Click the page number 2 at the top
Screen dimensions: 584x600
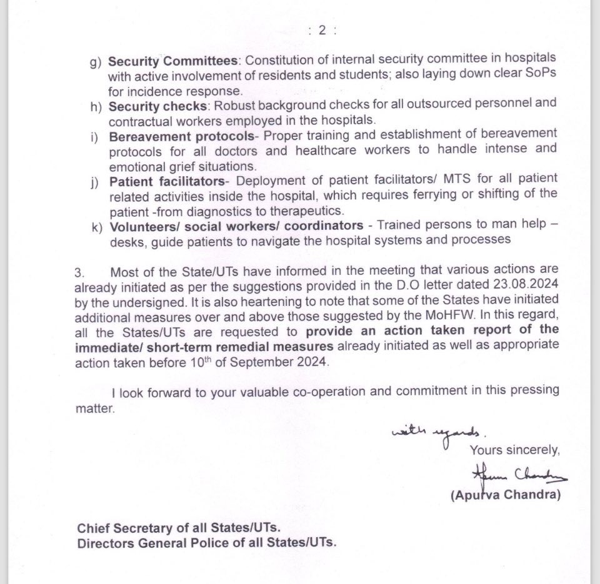(x=322, y=32)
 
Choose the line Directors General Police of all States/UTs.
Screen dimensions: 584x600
(x=207, y=543)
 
